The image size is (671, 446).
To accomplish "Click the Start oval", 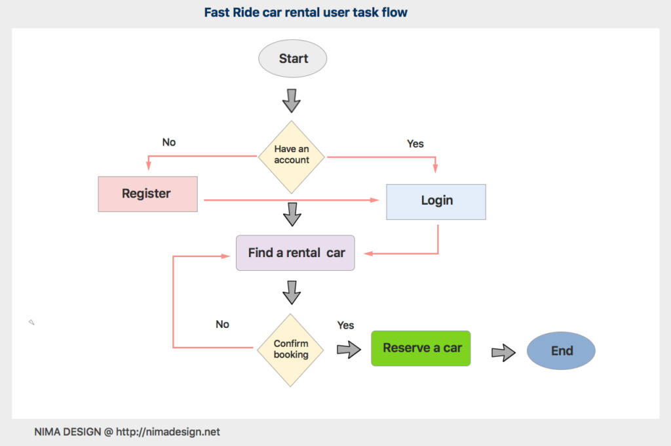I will (293, 59).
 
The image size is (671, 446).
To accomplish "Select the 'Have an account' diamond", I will (292, 156).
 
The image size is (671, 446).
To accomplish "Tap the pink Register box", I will (147, 194).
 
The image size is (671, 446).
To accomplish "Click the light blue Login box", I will (436, 201).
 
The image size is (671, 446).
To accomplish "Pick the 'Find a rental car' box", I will (296, 253).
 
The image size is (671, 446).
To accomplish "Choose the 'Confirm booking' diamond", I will (291, 350).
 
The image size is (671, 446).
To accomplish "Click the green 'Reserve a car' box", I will (421, 348).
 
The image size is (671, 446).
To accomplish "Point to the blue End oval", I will (561, 351).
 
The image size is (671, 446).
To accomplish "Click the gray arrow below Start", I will (291, 100).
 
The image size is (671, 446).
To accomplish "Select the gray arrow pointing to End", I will (503, 352).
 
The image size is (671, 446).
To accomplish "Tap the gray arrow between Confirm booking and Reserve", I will (349, 350).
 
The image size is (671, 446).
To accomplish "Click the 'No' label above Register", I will (169, 142).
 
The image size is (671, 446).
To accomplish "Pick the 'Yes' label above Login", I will (415, 144).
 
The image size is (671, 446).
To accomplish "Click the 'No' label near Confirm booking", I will (223, 324).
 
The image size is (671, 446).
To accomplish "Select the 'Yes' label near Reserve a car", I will (345, 325).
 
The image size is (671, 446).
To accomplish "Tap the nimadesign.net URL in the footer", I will (170, 432).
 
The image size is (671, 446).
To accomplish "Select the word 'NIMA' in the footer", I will (48, 432).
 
